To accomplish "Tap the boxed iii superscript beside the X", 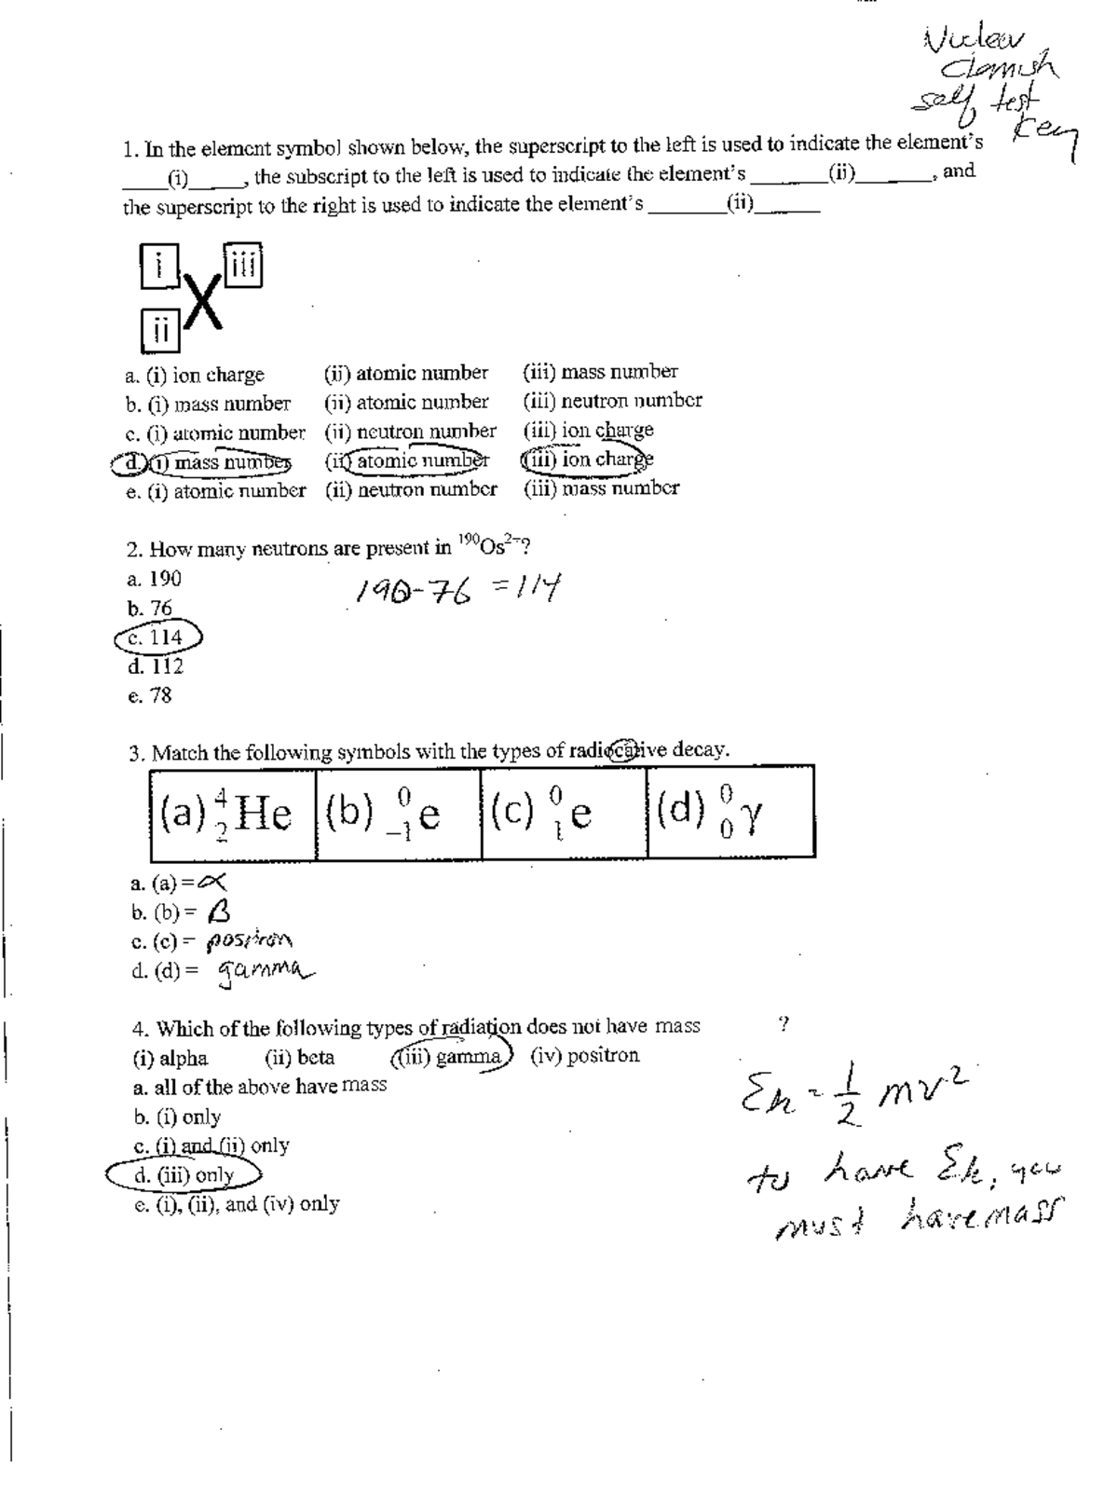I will (242, 265).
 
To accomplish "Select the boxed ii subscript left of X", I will (160, 331).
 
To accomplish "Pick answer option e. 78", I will (150, 695).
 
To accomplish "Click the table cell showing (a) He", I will (233, 814).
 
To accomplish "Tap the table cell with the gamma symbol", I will (729, 812).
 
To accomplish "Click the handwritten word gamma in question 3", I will (265, 973).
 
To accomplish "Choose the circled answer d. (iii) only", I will (184, 1175).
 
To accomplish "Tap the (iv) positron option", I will (585, 1056).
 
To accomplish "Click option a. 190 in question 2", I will (155, 579).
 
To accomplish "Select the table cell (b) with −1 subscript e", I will (398, 814).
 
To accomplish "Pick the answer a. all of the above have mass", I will (260, 1086).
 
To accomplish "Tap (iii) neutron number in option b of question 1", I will (612, 401).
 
